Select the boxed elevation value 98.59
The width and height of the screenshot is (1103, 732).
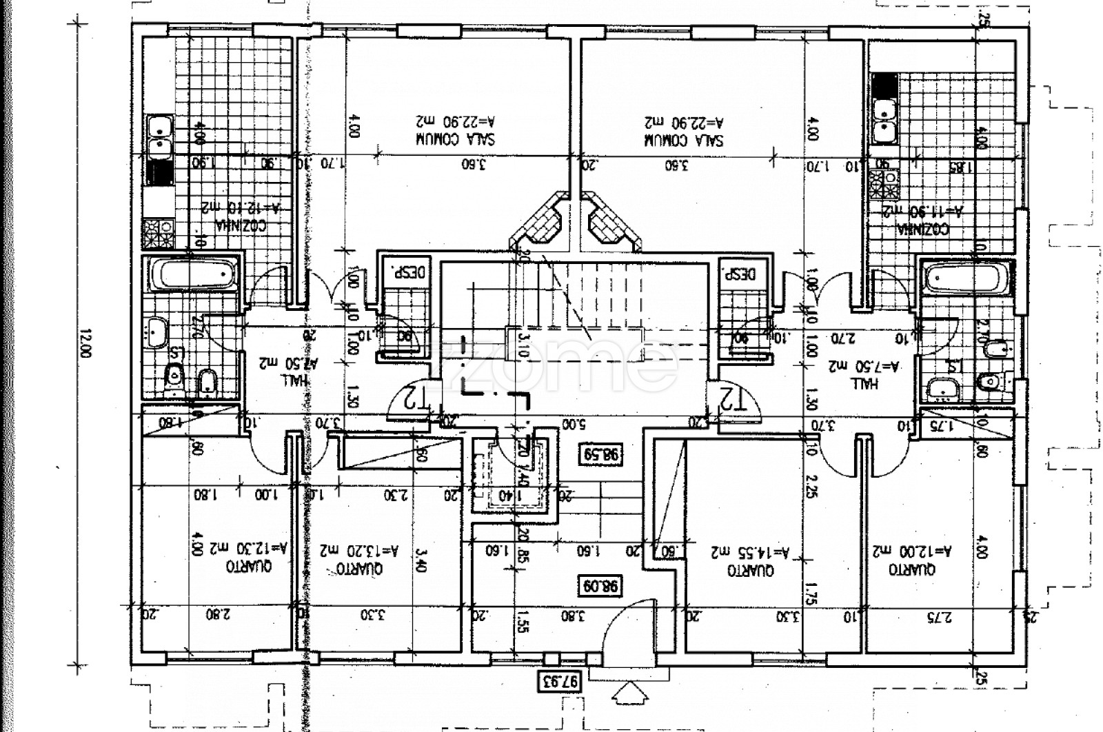tap(601, 455)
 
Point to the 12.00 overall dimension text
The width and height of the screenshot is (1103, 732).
tap(85, 343)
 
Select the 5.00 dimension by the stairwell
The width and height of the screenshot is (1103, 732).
tap(569, 422)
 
